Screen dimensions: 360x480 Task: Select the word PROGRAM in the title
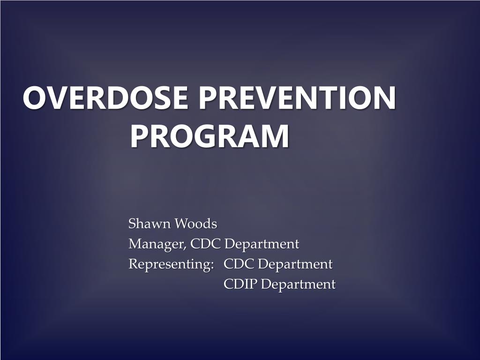coord(210,136)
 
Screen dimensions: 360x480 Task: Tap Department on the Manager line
coord(262,244)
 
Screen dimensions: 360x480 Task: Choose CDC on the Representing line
coord(240,264)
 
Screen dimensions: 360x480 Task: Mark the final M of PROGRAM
coord(276,136)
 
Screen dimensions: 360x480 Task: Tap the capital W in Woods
coord(181,224)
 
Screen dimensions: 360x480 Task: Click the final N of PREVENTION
coord(384,99)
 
